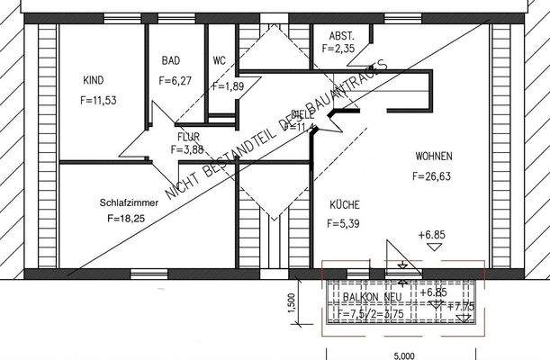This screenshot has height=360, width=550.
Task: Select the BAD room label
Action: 171,61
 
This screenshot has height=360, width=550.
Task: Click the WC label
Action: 219,61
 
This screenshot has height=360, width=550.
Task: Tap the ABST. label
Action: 341,36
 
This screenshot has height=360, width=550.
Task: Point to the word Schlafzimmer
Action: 129,203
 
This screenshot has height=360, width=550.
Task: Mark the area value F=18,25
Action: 125,219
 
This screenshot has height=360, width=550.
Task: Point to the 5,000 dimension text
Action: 403,354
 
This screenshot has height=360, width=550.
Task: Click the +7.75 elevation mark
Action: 464,307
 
